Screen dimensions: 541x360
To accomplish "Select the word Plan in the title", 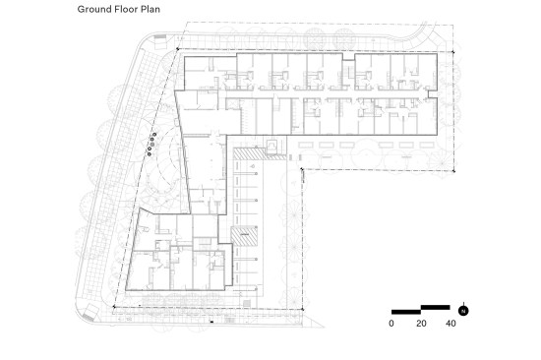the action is point(150,9).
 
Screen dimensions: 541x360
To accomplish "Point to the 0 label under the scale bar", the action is point(391,324).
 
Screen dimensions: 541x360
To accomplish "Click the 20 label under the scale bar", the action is point(421,324).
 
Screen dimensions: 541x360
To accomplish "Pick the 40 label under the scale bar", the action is point(451,324).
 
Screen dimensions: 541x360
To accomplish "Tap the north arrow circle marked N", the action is point(463,311).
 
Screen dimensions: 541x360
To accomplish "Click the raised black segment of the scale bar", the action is point(436,307).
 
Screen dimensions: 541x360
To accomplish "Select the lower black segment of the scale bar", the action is point(406,312).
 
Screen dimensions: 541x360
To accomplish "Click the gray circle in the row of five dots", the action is point(152,144).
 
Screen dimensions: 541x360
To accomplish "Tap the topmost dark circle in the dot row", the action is point(154,135).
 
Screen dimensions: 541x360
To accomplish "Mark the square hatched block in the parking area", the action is point(244,236).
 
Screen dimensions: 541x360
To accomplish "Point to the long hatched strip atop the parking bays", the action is point(260,154).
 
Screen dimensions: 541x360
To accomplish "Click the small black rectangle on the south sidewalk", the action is point(211,322).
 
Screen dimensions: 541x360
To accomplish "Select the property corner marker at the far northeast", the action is point(453,52).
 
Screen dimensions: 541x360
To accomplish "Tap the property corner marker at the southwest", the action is point(114,307).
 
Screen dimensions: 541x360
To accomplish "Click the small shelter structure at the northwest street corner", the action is point(160,41).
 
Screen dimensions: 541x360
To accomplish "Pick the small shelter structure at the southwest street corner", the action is point(90,313).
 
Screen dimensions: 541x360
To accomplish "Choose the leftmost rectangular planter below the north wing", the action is point(306,145).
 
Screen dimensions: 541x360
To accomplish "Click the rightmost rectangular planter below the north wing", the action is point(427,145).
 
